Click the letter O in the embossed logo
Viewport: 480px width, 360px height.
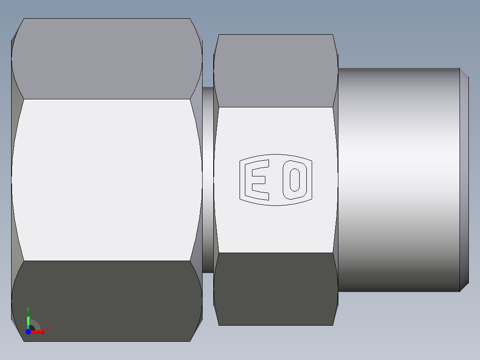(x=294, y=180)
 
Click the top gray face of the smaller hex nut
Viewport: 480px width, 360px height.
(x=275, y=71)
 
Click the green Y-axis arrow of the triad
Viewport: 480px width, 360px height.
(x=28, y=320)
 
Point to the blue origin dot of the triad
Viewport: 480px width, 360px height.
(x=28, y=332)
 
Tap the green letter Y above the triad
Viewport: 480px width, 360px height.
(x=28, y=309)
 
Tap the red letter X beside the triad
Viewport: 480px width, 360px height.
(x=47, y=330)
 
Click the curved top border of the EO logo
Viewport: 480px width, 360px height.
(x=276, y=156)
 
